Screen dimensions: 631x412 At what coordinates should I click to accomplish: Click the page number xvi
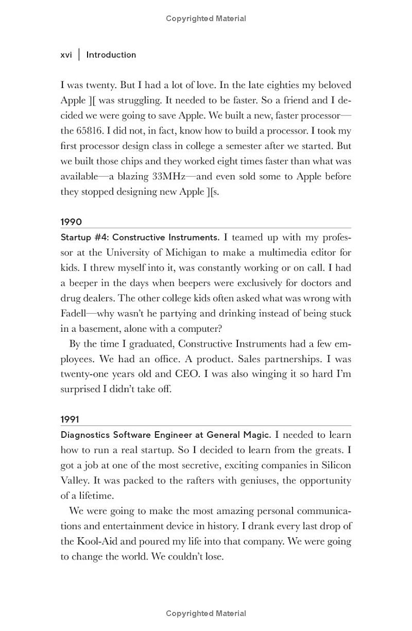tap(66, 55)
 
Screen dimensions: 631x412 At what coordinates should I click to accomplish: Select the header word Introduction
tap(111, 55)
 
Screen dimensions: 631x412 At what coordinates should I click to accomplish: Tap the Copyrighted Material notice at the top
tap(206, 19)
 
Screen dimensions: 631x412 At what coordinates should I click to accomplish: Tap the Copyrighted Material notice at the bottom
tap(206, 613)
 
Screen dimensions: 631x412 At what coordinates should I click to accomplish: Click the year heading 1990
tap(71, 222)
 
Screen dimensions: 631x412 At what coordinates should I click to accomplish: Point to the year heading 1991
tap(71, 419)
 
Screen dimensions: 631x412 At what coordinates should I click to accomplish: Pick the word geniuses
tap(267, 481)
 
